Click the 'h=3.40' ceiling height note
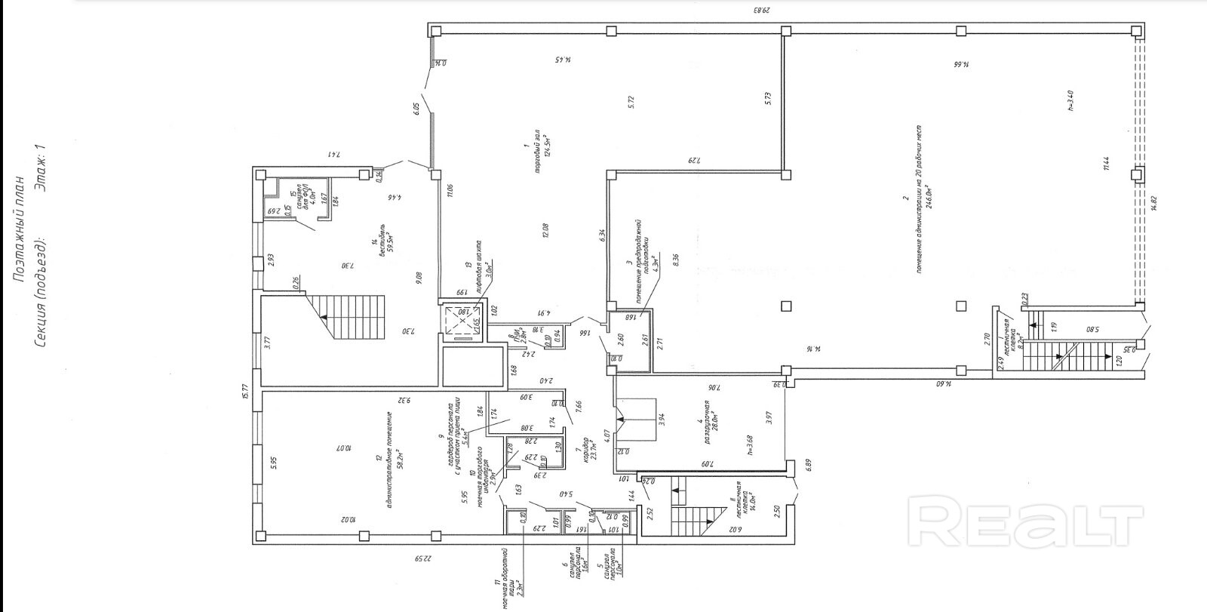point(1069,100)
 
